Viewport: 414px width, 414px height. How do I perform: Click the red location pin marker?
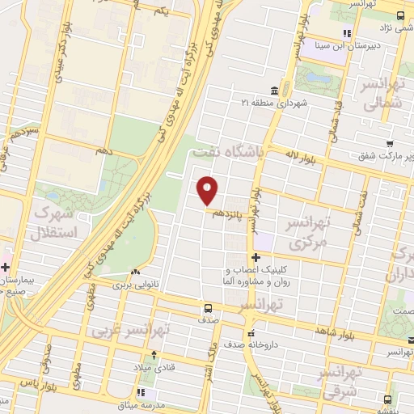click(208, 190)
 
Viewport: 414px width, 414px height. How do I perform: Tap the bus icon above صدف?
click(208, 308)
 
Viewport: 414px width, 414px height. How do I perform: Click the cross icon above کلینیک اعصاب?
click(256, 257)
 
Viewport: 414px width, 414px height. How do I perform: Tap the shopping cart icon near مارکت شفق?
click(390, 143)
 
